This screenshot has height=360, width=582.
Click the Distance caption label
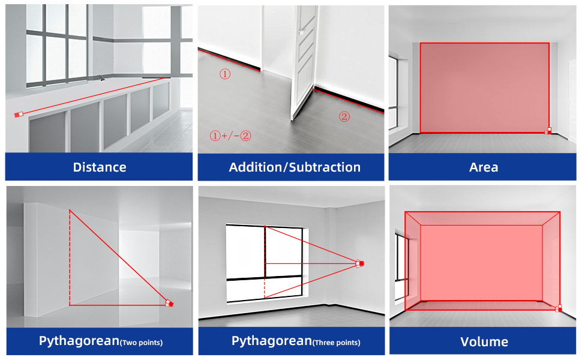(100, 167)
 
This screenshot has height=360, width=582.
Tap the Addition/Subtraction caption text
(295, 167)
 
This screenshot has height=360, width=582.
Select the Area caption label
(484, 167)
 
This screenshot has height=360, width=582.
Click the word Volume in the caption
(484, 342)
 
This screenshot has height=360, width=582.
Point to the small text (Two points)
(141, 343)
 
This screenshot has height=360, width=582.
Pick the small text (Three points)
(337, 343)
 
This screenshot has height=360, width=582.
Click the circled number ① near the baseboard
(224, 74)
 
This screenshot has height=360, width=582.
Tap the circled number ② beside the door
(344, 117)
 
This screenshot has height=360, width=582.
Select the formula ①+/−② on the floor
(230, 136)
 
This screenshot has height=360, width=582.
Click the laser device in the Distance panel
(19, 114)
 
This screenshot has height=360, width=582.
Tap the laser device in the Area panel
(548, 130)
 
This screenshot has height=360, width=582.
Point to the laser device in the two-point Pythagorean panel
(170, 304)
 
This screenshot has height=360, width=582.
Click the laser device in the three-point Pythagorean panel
(360, 263)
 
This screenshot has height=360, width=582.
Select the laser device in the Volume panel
(559, 308)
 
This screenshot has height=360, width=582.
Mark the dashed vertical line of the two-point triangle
(70, 258)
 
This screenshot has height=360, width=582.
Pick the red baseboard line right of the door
(349, 100)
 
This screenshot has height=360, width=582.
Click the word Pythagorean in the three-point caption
(271, 341)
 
